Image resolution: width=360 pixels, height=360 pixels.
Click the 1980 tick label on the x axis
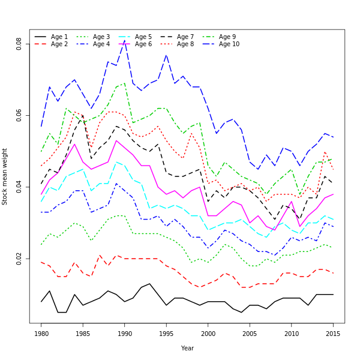(41, 333)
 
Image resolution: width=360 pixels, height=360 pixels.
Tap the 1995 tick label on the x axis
(166, 333)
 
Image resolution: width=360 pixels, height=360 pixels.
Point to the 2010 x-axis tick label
(292, 333)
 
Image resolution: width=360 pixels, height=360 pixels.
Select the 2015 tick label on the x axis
(333, 333)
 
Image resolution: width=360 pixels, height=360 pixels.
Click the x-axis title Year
(187, 348)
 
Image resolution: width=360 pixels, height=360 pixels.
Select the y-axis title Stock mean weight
(5, 176)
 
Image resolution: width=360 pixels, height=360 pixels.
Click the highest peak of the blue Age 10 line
(125, 41)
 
